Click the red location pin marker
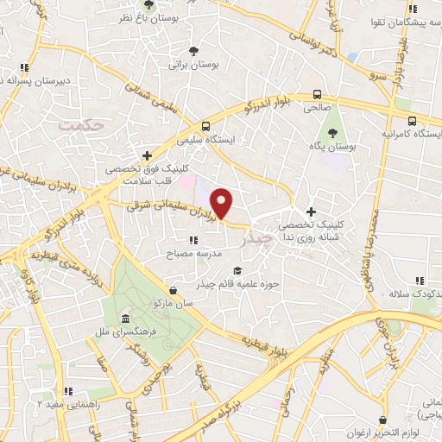pyautogui.click(x=223, y=202)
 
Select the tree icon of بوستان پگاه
pyautogui.click(x=333, y=133)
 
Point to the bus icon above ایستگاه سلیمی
pyautogui.click(x=205, y=125)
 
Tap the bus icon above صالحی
pyautogui.click(x=318, y=95)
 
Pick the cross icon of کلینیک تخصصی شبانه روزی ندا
pyautogui.click(x=311, y=212)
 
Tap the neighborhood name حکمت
pyautogui.click(x=84, y=126)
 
